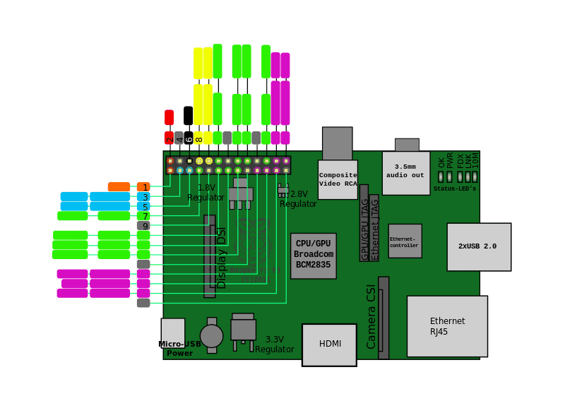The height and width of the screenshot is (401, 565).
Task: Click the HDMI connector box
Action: [x=329, y=345]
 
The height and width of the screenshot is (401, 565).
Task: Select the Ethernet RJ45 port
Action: [x=447, y=326]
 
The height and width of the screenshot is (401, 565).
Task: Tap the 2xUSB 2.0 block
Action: [x=479, y=246]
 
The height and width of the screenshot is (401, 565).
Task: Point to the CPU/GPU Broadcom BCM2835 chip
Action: [x=314, y=256]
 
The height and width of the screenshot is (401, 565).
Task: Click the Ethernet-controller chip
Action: [x=405, y=241]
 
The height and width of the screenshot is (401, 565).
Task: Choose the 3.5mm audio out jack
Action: [x=406, y=172]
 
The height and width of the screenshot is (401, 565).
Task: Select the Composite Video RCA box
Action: [x=338, y=179]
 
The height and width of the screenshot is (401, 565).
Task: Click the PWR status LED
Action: [x=449, y=176]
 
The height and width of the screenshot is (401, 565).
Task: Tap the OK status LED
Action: [x=441, y=176]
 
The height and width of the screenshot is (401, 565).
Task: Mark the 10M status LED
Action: [x=475, y=176]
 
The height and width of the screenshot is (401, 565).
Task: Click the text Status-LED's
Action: [x=455, y=188]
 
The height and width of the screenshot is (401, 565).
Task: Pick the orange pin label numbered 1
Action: [x=144, y=187]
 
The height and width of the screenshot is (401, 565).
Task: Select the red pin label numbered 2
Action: [x=169, y=138]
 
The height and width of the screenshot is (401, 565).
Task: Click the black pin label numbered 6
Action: [x=189, y=138]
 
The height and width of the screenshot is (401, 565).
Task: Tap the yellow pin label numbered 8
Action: [x=198, y=138]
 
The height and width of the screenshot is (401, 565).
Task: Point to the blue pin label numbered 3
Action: [x=144, y=197]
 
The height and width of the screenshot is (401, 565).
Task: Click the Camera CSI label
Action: [x=371, y=316]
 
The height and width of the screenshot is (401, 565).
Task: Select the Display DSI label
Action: [x=221, y=258]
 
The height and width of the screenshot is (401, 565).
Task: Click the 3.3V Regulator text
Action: [x=274, y=345]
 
